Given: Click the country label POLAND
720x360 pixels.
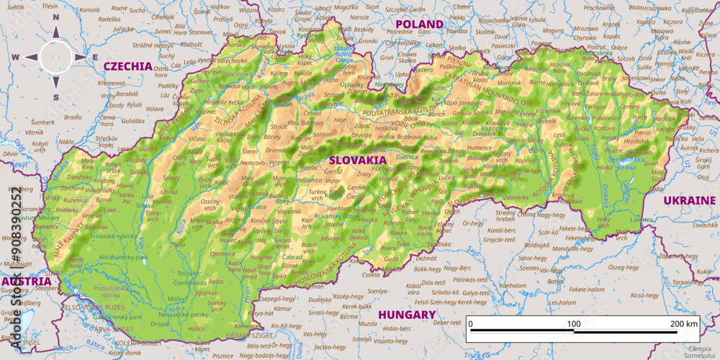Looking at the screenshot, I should click(418, 24).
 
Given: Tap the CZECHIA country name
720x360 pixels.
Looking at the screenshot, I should click(128, 66).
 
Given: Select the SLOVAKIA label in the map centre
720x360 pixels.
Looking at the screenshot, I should click(358, 160).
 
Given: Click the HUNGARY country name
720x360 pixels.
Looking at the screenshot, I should click(408, 315).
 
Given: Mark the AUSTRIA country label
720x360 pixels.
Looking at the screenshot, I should click(25, 281).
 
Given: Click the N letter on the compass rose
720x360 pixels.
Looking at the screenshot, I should click(56, 30).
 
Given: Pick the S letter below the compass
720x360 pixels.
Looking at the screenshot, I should click(56, 97).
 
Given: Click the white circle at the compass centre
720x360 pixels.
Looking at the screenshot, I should click(56, 57).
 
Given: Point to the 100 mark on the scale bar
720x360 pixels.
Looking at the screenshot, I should click(574, 324).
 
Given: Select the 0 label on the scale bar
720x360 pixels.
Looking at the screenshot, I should click(470, 324).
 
